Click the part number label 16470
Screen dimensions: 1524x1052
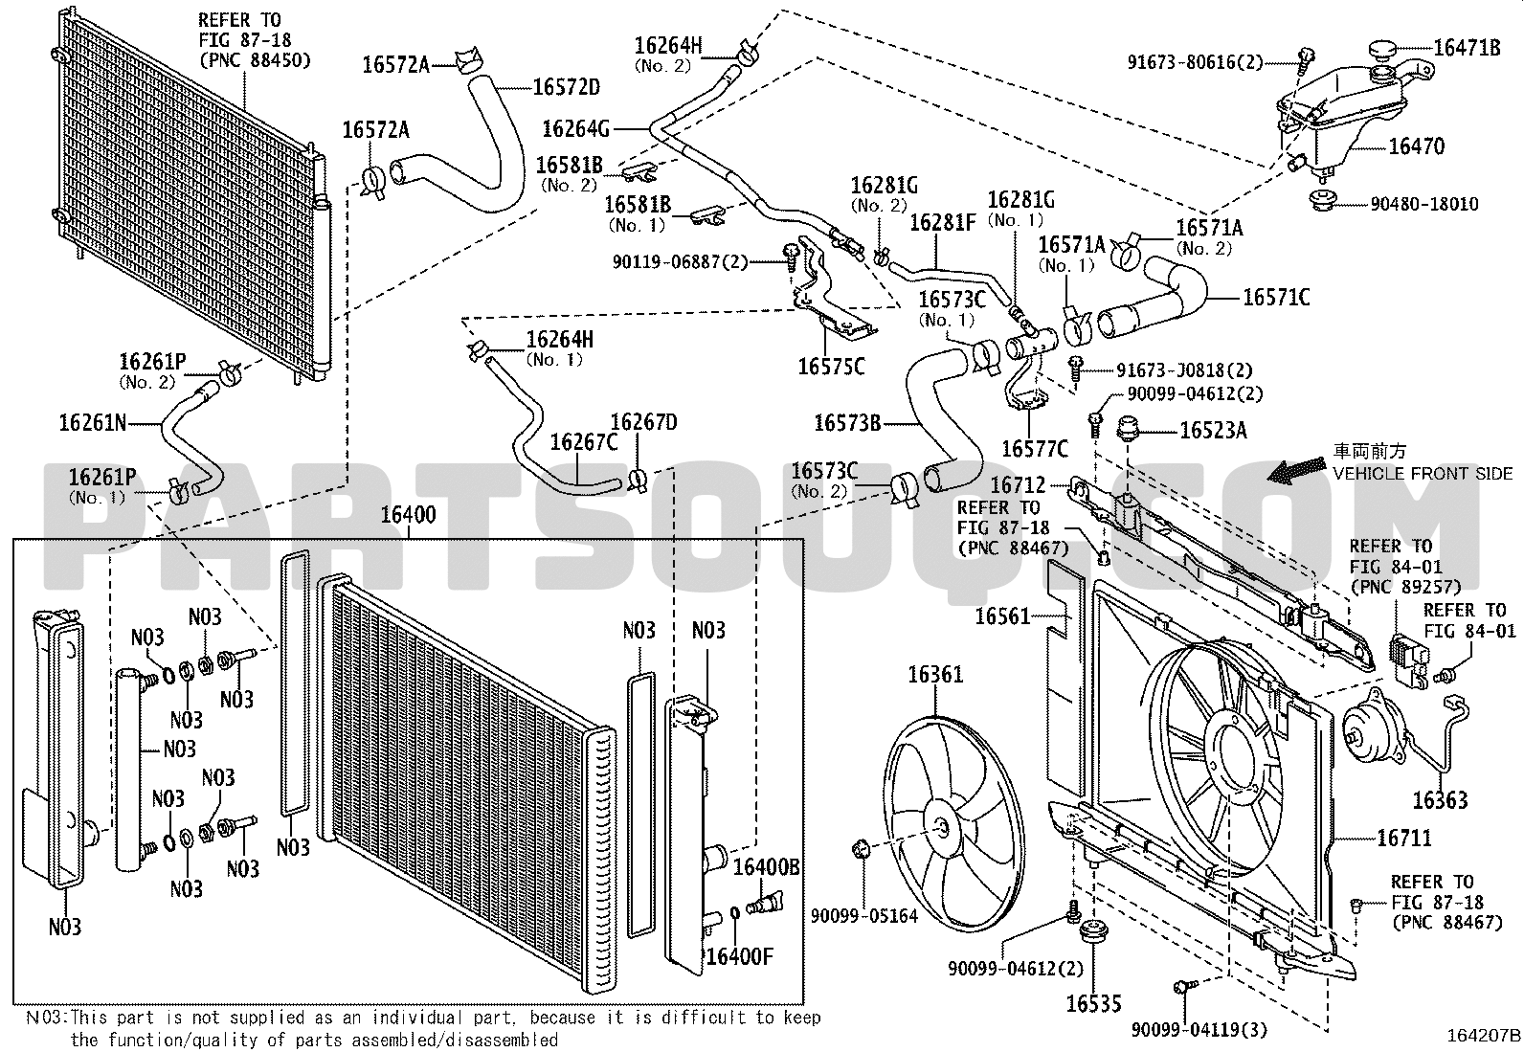[1417, 146]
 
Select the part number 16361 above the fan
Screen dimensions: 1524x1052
[935, 675]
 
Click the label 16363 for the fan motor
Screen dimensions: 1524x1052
[1440, 801]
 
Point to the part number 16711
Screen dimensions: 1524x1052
[1404, 838]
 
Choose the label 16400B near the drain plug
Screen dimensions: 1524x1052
[766, 867]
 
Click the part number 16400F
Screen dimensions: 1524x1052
[740, 956]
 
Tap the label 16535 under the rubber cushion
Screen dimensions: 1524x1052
[1093, 1004]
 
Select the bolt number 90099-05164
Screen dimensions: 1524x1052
[864, 916]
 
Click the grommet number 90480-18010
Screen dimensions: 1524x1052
[1424, 204]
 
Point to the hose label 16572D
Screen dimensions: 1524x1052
[567, 87]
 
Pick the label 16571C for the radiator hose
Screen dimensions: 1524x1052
[1276, 298]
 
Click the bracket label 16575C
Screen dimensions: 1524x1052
[831, 367]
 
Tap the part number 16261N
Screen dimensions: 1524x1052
[93, 423]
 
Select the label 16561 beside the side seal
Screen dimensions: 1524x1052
[1003, 616]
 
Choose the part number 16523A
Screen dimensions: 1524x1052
[1213, 431]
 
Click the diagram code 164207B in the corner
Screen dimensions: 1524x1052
[1483, 1035]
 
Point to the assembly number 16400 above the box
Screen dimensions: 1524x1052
[408, 514]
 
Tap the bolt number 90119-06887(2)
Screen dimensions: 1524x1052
[680, 261]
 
